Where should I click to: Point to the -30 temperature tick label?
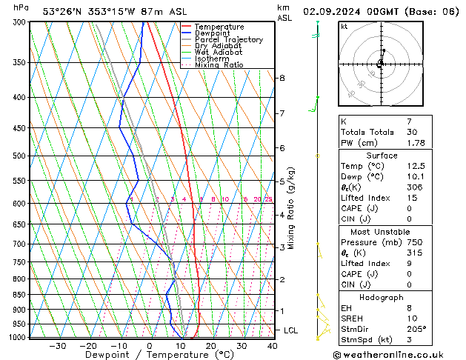[x=58, y=346]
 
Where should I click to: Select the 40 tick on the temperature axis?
[x=272, y=346]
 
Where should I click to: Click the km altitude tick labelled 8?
[x=282, y=78]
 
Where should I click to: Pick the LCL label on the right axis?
[x=291, y=330]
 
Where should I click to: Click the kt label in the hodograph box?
[x=344, y=27]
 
